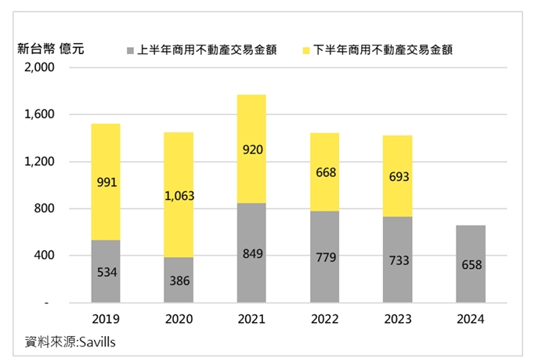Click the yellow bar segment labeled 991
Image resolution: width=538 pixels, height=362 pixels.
106,182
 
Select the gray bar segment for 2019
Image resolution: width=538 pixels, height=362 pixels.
106,271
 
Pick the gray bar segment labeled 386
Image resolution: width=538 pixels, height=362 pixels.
179,280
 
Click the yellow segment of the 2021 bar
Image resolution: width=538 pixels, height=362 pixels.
251,149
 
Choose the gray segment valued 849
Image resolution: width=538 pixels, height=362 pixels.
251,252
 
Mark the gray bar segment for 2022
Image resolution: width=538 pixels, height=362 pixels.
324,256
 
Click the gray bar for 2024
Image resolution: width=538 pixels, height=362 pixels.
470,263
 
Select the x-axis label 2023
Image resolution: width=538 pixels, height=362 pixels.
397,319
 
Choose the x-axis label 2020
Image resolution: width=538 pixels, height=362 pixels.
179,319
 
